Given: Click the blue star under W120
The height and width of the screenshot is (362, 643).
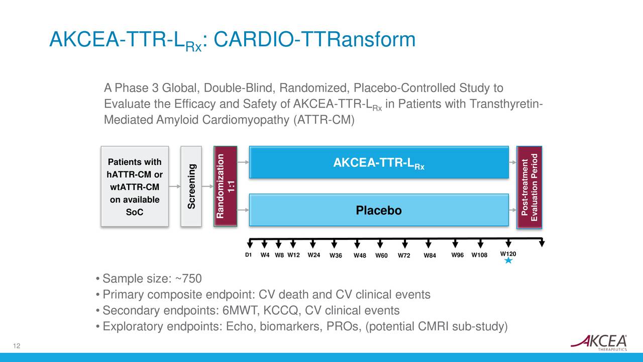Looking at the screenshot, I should point(508,260).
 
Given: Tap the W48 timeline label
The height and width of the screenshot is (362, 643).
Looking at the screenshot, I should point(360,255).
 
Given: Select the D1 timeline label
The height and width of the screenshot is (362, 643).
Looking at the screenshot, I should point(248,255).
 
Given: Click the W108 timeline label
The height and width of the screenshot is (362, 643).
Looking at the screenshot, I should point(480,255).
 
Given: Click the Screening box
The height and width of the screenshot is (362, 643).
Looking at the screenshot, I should point(191,187).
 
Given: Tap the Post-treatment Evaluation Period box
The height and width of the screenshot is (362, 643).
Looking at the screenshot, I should point(529,187).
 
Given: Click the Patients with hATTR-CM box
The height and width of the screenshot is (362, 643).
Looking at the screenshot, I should point(134,187).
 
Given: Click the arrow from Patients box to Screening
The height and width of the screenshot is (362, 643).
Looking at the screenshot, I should point(174,187).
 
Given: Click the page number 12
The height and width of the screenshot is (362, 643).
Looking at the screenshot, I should point(17,345).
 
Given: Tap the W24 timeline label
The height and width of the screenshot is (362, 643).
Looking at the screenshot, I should point(314,255).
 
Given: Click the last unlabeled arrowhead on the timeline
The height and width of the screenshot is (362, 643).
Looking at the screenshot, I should point(542,244).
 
